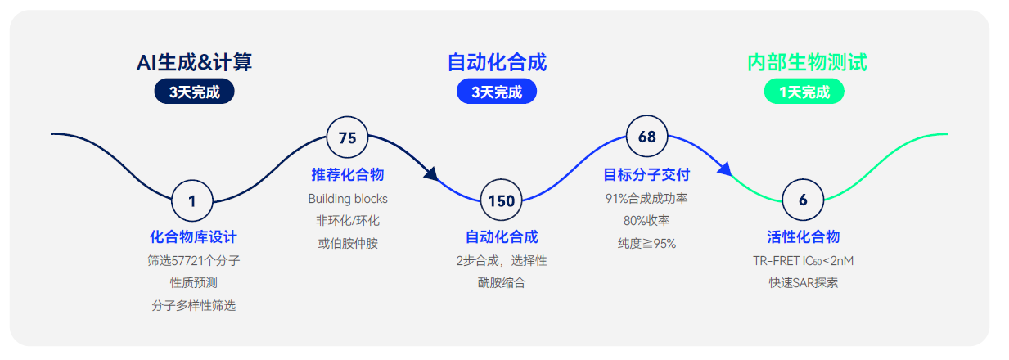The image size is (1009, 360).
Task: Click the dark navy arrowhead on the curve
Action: click(x=431, y=174)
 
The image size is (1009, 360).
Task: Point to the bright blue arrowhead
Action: click(x=724, y=169)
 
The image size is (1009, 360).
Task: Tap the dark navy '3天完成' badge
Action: click(x=194, y=92)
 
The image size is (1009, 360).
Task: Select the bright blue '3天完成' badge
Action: click(x=497, y=92)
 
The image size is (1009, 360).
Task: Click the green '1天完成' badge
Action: click(x=804, y=92)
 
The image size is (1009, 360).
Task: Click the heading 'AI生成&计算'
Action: click(x=194, y=62)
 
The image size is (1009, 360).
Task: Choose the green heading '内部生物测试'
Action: click(x=807, y=62)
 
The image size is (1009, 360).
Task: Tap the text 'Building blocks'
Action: click(x=348, y=199)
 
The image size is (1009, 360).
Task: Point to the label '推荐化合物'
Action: click(x=347, y=174)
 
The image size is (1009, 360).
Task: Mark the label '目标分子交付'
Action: click(x=646, y=174)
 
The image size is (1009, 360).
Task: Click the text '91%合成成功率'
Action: click(x=646, y=199)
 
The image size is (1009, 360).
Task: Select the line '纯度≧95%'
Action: click(x=646, y=244)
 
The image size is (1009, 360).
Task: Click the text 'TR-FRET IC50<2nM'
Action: click(x=803, y=261)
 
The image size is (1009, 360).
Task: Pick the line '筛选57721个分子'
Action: click(x=194, y=260)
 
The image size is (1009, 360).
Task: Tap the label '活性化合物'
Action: click(x=803, y=236)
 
